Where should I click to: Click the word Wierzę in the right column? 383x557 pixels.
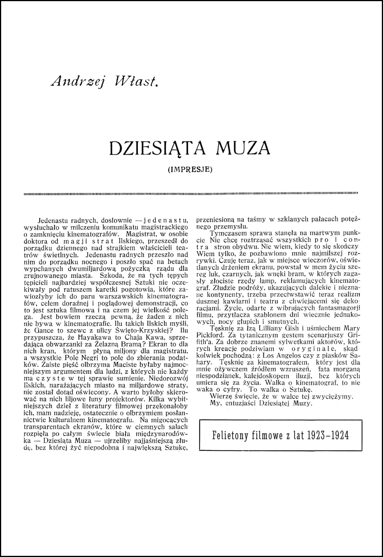pyautogui.click(x=220, y=396)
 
